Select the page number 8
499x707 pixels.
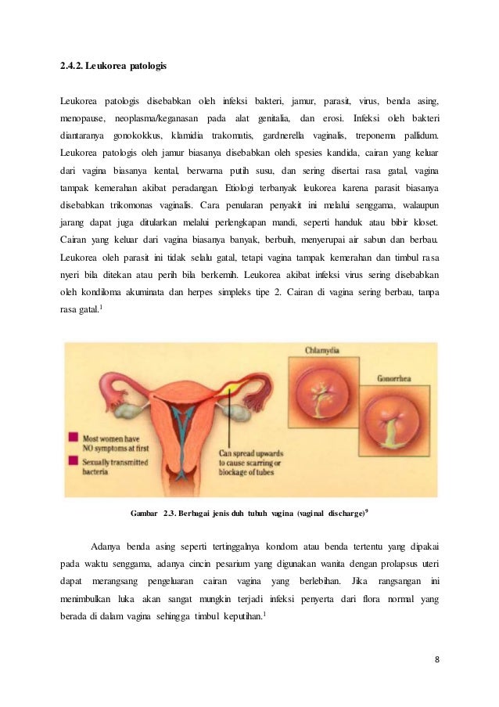[x=436, y=658]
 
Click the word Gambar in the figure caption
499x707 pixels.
[x=143, y=514]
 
